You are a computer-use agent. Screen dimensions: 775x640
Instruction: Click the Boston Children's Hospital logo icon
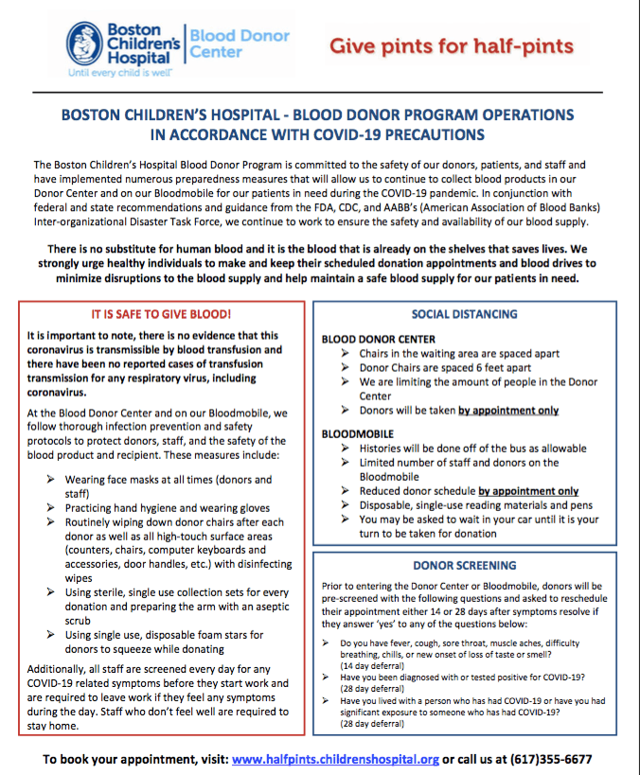84,43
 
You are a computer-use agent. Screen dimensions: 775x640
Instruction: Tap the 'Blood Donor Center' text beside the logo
240,44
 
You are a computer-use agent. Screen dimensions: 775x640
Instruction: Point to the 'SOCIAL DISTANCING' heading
464,313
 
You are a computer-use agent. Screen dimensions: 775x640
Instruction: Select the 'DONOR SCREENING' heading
464,566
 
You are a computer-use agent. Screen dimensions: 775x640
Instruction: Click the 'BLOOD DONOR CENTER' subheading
379,339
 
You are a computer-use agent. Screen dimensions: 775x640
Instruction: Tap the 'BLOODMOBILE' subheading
359,432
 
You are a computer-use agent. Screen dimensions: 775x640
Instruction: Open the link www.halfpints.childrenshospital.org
335,759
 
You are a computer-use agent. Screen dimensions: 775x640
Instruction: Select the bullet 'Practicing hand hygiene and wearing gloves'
168,508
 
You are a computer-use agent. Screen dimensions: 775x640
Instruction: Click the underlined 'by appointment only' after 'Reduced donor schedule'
528,491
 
